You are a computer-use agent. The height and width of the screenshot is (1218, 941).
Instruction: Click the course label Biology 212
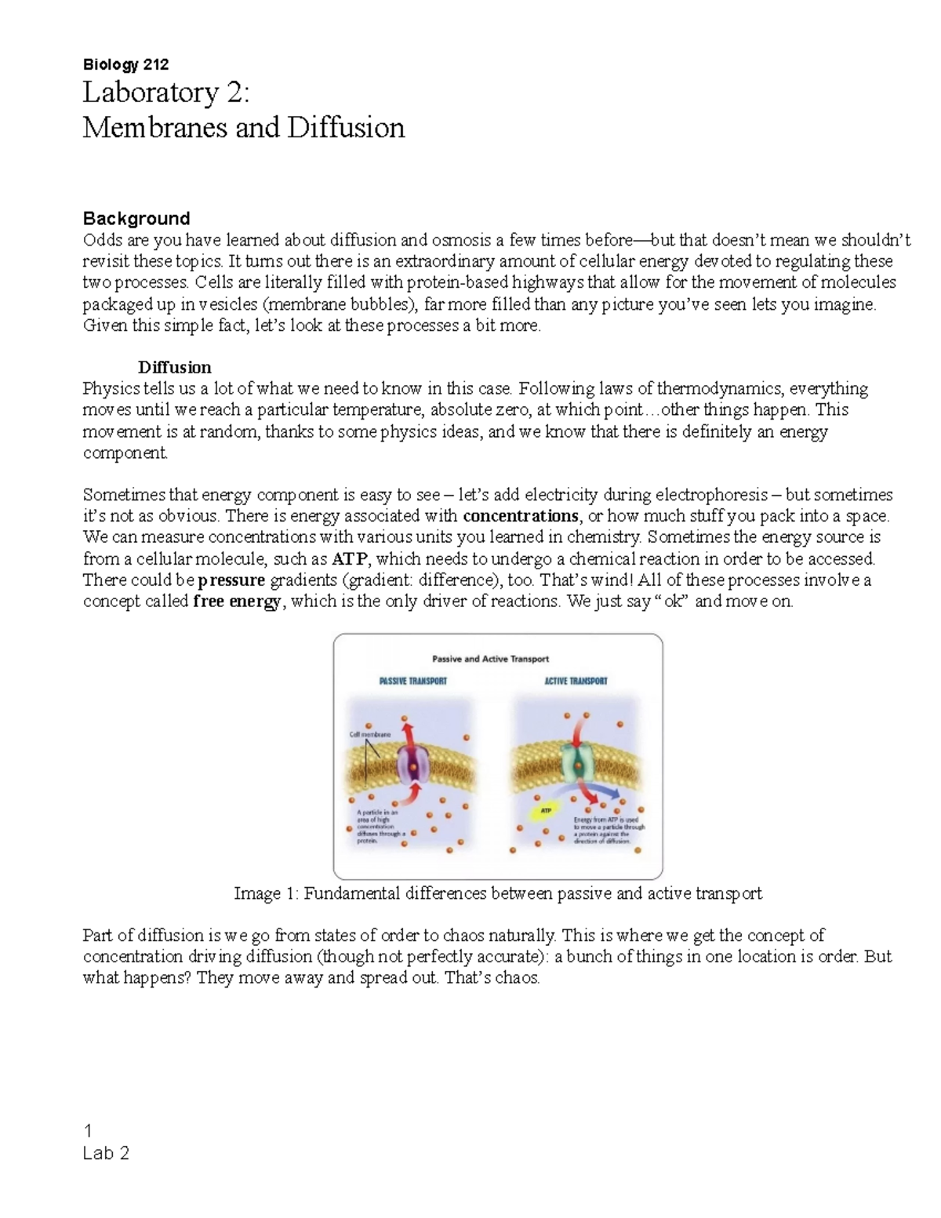point(125,64)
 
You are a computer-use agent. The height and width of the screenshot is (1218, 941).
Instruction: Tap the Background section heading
point(136,218)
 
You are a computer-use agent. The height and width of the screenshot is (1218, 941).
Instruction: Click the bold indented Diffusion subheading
point(174,367)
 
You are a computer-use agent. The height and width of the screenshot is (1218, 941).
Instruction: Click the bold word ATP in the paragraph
point(349,559)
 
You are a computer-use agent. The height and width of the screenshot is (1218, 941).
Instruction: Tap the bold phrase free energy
point(237,602)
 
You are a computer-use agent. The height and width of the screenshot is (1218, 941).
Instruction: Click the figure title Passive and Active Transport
point(491,659)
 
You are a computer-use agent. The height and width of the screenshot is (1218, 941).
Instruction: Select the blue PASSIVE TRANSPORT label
point(412,681)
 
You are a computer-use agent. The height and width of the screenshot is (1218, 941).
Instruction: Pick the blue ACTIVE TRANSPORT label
point(576,681)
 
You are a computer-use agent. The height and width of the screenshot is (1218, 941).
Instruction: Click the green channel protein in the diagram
point(579,761)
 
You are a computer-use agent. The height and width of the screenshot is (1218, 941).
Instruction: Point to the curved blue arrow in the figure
point(600,791)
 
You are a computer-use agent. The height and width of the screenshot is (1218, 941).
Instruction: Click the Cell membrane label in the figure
point(369,735)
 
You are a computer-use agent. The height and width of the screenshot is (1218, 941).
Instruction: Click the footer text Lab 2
point(106,1153)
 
